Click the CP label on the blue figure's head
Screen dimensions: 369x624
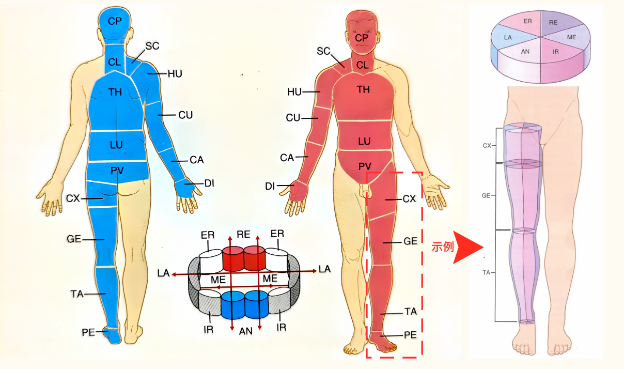(x=114, y=21)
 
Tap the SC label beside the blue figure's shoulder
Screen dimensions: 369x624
(x=152, y=46)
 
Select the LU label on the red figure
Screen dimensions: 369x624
(x=364, y=141)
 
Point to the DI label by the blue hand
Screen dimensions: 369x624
(x=209, y=183)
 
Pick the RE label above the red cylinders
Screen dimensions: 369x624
(x=243, y=234)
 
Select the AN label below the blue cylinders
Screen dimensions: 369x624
(x=246, y=331)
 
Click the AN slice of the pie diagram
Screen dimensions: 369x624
(x=525, y=51)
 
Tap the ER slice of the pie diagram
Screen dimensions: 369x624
(x=527, y=22)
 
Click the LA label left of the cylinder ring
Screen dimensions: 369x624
(x=164, y=272)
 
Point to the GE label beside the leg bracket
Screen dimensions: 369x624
(x=486, y=195)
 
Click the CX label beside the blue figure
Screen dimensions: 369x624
(x=73, y=198)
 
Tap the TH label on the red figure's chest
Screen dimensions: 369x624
(x=363, y=90)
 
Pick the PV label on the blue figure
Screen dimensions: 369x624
(x=116, y=170)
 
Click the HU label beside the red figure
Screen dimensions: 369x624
(x=294, y=92)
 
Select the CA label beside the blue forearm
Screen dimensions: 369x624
(x=196, y=160)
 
